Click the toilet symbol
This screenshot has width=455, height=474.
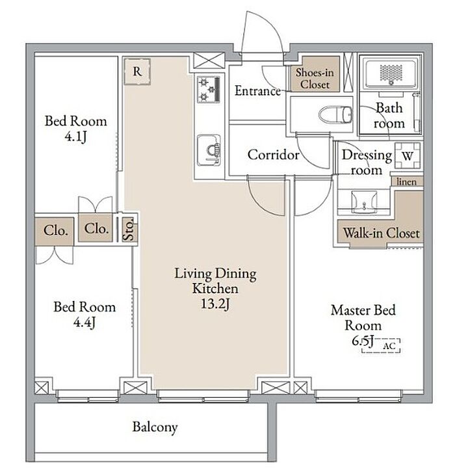point(336,114)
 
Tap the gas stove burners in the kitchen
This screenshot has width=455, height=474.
point(209,89)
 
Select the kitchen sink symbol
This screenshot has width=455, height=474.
point(209,150)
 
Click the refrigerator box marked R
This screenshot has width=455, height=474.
point(137,72)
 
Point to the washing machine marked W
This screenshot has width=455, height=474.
point(408,156)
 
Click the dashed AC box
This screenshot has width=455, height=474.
point(382,345)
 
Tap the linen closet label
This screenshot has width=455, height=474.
point(406,181)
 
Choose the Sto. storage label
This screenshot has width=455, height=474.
point(129,230)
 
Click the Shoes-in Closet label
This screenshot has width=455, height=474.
point(315,78)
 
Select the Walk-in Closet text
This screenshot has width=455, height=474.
point(382,233)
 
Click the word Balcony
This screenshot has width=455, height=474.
point(155,427)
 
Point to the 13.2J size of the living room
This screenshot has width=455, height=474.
point(215,304)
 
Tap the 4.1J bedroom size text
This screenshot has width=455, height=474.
point(75,137)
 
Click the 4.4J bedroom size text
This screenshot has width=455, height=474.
point(84,323)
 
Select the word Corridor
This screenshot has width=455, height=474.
point(274,155)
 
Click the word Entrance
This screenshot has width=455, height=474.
point(257,90)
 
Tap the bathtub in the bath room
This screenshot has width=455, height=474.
point(391,73)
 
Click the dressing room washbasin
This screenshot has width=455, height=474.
point(364,202)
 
